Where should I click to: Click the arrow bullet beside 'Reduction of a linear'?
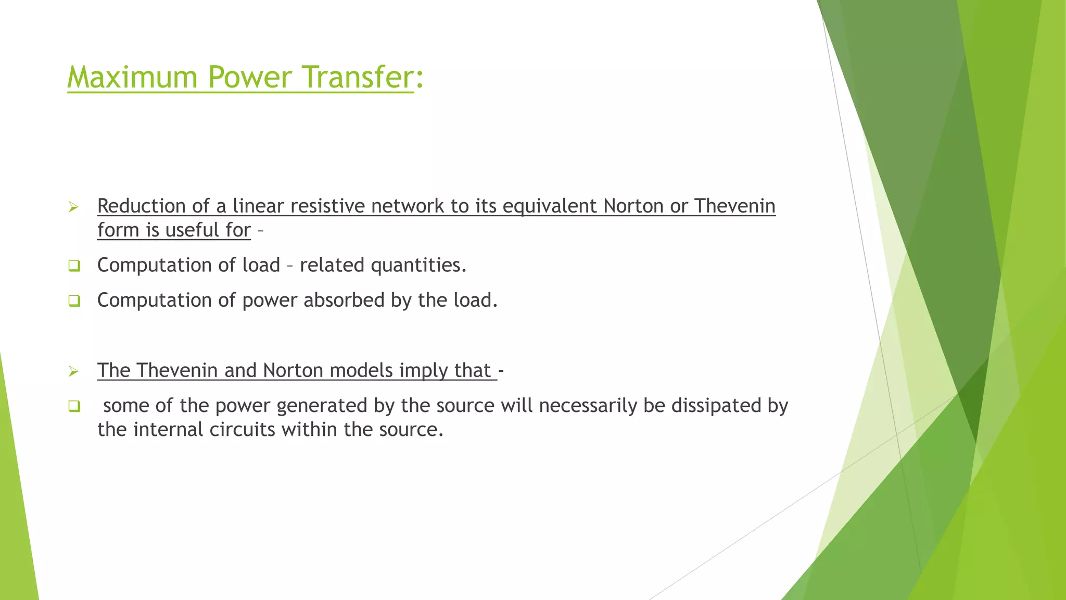73,208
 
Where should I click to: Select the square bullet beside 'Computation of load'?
74,266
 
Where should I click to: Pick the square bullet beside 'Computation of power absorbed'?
74,301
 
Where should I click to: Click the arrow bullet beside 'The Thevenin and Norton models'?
73,371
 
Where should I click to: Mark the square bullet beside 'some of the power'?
74,406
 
